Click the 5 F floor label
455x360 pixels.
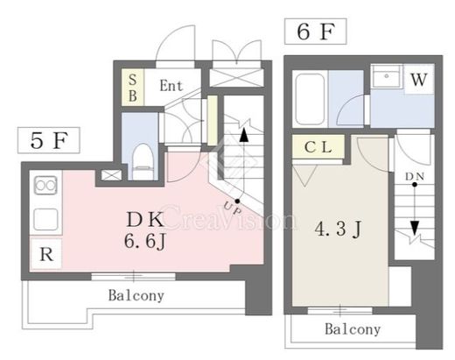tap(49, 140)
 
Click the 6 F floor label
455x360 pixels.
tap(315, 32)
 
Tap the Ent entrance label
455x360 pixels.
tap(171, 86)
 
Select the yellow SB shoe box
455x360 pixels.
tap(133, 88)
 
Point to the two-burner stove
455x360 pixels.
tap(45, 185)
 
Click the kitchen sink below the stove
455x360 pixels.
tap(45, 220)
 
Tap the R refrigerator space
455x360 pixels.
tap(46, 254)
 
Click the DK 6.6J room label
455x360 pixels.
tap(145, 229)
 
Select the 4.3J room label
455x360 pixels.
tap(338, 229)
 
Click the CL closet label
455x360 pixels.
tap(318, 147)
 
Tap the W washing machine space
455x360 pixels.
tap(419, 79)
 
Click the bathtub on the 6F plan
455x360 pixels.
tap(310, 99)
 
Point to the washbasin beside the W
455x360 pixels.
tap(387, 76)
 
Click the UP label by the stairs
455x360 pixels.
tap(233, 208)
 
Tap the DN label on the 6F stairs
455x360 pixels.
tap(415, 176)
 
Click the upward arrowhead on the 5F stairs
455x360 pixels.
tap(244, 136)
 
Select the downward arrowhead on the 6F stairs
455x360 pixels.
tap(415, 228)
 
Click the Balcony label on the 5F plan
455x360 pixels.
tap(136, 295)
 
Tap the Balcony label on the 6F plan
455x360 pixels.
tap(353, 329)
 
